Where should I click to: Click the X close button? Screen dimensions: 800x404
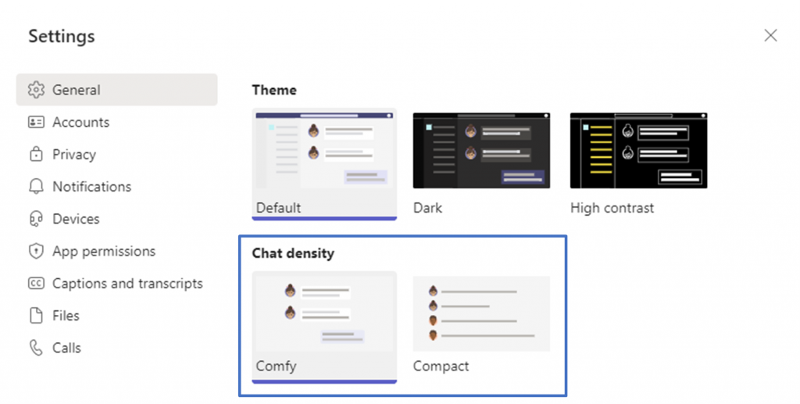[770, 35]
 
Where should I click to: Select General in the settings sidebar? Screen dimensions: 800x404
[117, 90]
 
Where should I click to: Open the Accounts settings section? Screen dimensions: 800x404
[80, 122]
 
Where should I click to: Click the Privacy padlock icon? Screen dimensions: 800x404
[36, 154]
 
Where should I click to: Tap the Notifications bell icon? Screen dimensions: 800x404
[36, 186]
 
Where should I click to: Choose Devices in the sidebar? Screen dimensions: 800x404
[76, 219]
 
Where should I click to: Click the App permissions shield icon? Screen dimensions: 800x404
[36, 251]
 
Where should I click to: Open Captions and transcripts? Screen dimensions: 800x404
[127, 283]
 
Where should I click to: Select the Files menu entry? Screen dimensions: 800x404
[66, 315]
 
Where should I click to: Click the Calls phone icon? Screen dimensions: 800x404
[36, 348]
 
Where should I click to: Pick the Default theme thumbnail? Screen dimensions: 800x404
[324, 151]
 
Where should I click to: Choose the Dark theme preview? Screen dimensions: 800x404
[481, 151]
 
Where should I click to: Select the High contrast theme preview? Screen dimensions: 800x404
[639, 151]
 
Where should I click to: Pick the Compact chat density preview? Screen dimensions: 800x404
[481, 313]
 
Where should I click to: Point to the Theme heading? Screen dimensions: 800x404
[274, 90]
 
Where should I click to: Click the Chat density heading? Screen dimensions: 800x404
[293, 253]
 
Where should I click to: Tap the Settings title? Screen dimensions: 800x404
[62, 36]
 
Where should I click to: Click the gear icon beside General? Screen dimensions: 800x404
[36, 90]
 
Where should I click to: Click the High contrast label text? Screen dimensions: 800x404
[612, 208]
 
